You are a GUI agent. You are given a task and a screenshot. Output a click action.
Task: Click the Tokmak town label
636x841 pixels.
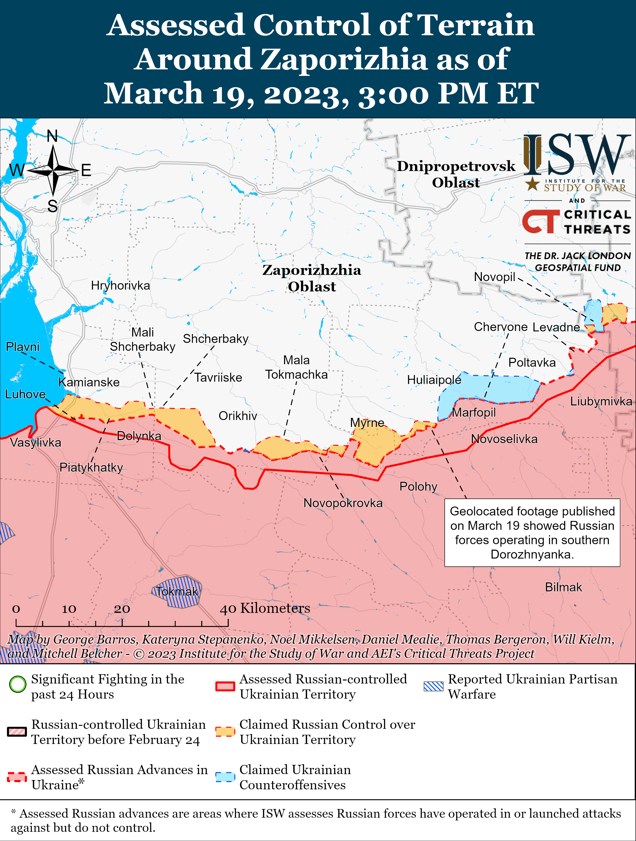[177, 592]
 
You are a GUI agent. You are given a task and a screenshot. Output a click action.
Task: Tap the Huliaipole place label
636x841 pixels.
[434, 380]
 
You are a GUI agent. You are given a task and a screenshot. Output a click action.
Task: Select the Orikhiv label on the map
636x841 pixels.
[238, 416]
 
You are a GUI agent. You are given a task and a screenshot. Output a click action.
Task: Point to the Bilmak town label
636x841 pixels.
[563, 587]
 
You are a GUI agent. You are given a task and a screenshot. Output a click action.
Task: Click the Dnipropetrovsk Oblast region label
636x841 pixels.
[456, 174]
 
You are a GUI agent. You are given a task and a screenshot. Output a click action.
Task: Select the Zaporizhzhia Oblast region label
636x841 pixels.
[312, 278]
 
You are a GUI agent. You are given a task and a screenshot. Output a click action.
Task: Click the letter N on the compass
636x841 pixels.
[52, 136]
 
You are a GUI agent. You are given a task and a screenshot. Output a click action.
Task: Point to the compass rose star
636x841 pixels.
[53, 171]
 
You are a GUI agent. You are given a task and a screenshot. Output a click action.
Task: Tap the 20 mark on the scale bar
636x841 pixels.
[122, 609]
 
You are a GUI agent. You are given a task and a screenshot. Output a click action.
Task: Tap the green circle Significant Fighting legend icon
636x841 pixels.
[17, 684]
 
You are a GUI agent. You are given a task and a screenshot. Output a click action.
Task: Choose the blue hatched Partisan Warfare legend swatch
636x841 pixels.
[433, 686]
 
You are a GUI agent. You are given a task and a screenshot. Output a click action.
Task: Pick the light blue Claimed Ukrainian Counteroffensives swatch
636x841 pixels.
[225, 777]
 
